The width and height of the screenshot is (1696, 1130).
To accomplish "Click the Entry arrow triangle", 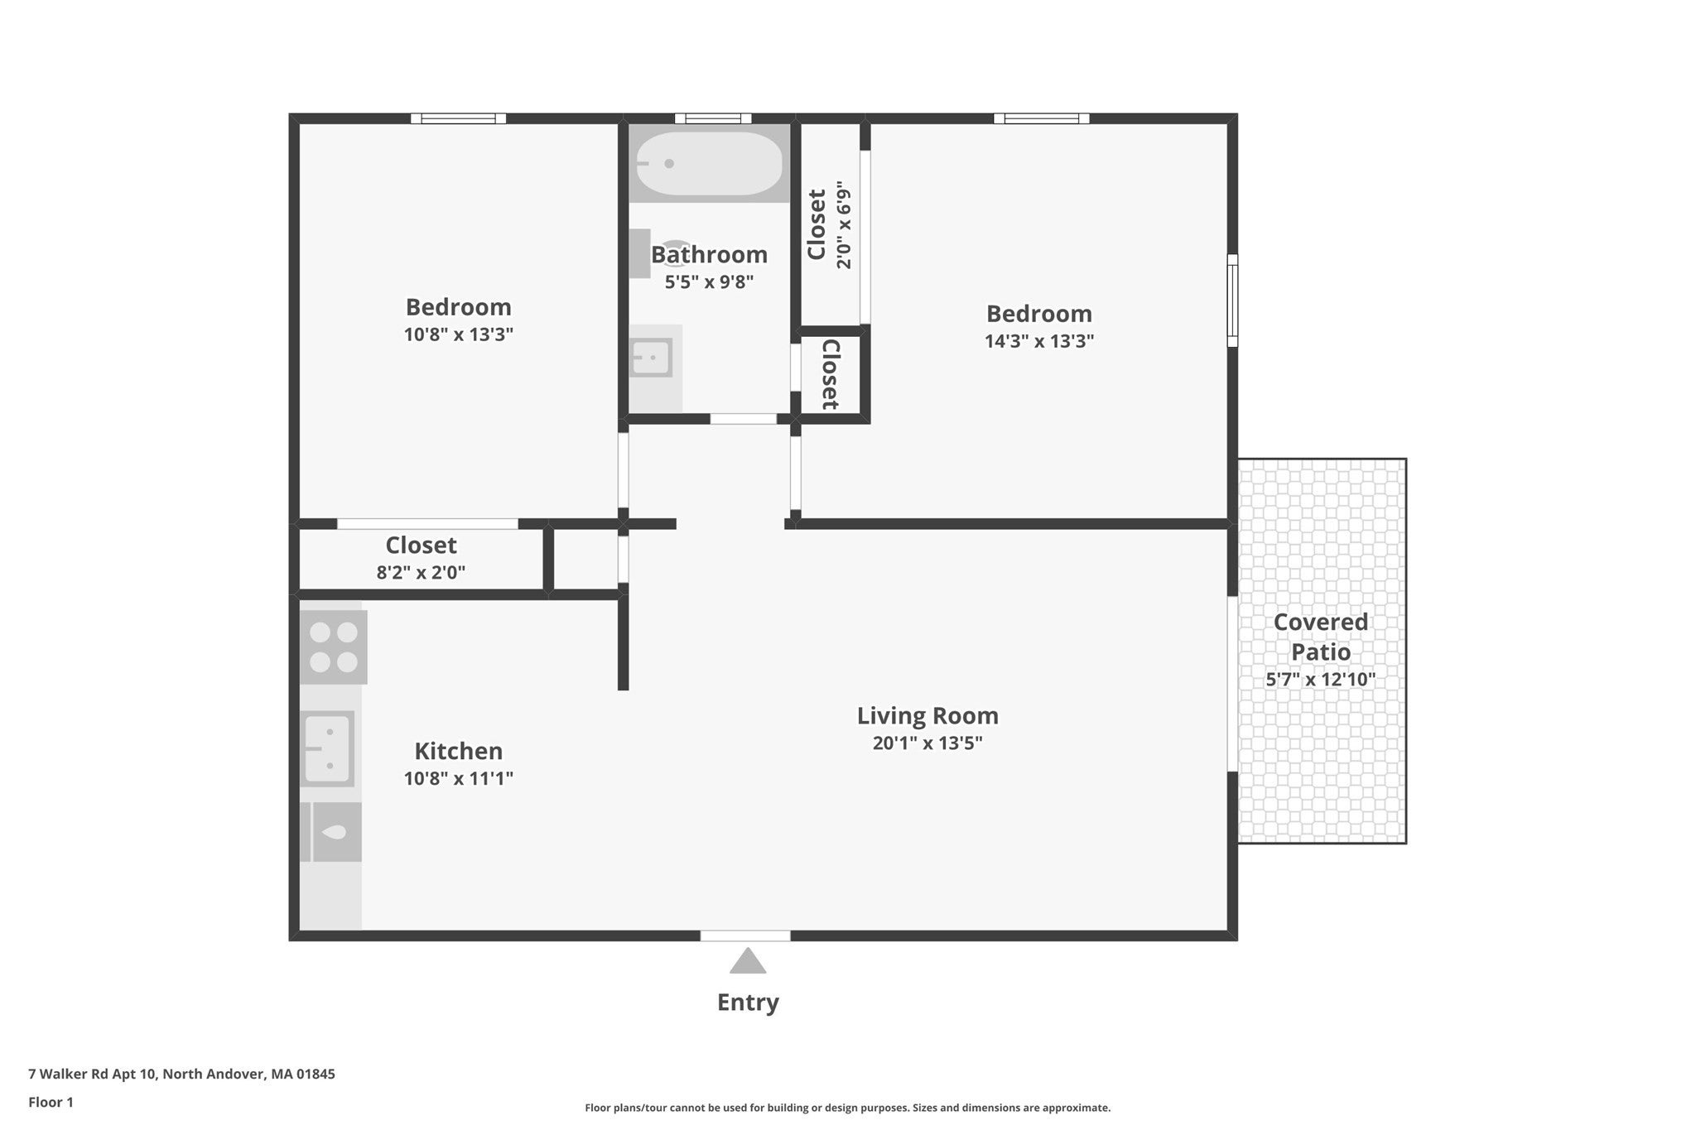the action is (x=748, y=961).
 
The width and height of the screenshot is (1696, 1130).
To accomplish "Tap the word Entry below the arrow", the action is (x=748, y=1003).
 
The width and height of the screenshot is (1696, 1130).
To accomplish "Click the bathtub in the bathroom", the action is (x=709, y=163).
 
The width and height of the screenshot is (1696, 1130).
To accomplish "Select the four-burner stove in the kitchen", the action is (x=333, y=647).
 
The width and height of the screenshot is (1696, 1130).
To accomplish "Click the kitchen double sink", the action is (x=327, y=749).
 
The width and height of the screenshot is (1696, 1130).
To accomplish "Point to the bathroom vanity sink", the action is (x=651, y=358).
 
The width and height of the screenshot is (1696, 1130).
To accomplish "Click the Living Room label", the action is (x=927, y=715).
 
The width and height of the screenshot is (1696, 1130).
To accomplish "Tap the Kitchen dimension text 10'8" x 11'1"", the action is (x=459, y=778).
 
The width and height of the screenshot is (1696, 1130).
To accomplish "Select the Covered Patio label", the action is (x=1321, y=637).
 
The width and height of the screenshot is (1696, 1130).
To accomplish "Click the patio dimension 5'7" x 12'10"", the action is (x=1321, y=680).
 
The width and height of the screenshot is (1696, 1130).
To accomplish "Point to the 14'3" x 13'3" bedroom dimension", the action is (x=1039, y=341).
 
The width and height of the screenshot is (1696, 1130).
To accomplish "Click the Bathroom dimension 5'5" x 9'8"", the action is (x=709, y=281).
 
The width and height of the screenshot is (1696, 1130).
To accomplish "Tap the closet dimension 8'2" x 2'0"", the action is (x=421, y=572).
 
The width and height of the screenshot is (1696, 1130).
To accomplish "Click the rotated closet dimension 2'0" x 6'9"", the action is (x=844, y=225).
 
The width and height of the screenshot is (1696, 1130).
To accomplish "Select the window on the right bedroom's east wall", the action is (x=1232, y=300).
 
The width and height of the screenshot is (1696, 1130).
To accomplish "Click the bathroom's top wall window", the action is (x=713, y=118).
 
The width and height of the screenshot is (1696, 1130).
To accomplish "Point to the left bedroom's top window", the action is (x=459, y=118).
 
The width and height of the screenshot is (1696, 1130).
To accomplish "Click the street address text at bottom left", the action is (x=181, y=1075).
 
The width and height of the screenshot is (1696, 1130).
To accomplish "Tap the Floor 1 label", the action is (x=51, y=1103).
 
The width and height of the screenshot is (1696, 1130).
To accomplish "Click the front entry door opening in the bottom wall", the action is (x=745, y=936).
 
